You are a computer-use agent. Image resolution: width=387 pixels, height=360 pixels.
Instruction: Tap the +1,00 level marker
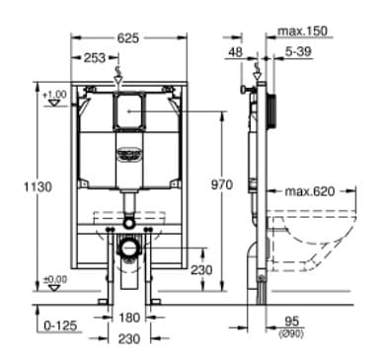54,94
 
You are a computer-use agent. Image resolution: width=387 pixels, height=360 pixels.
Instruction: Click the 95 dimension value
292,319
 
